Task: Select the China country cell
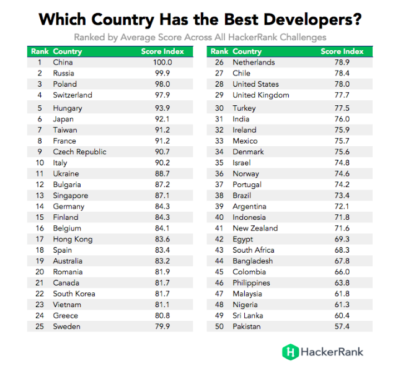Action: pyautogui.click(x=63, y=63)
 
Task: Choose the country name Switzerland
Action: pyautogui.click(x=73, y=95)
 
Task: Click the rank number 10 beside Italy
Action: pyautogui.click(x=39, y=163)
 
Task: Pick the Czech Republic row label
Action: pyautogui.click(x=79, y=152)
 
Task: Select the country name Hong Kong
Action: pyautogui.click(x=73, y=239)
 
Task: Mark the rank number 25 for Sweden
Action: pyautogui.click(x=39, y=326)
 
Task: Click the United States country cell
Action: pyautogui.click(x=255, y=84)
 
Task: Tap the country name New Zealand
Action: pyautogui.click(x=255, y=228)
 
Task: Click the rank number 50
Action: pyautogui.click(x=218, y=326)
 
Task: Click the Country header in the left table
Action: pyautogui.click(x=68, y=51)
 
